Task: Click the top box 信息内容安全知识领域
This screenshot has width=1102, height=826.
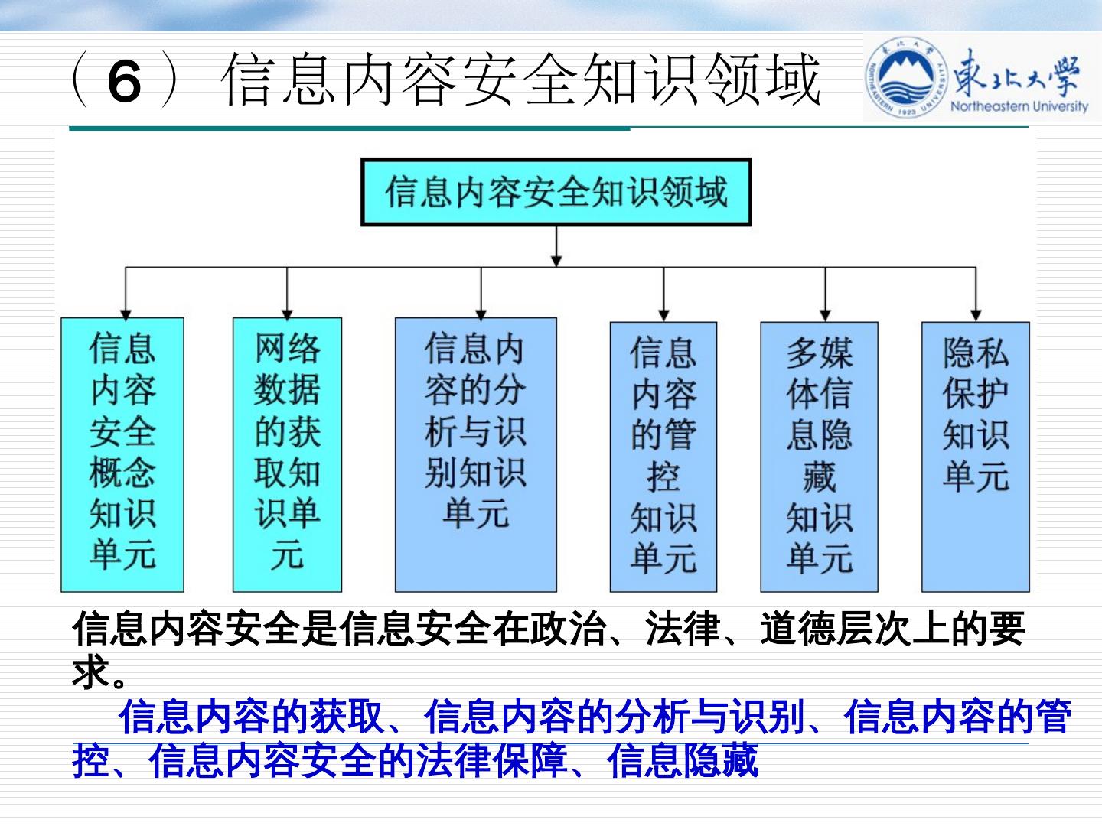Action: [x=556, y=192]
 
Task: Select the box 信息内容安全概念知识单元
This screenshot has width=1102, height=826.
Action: [x=122, y=454]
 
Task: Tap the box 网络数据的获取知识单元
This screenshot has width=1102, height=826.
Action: [x=287, y=454]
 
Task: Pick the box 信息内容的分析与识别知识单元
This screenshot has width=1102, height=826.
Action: [x=475, y=454]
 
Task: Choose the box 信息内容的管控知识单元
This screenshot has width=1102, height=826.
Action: [x=663, y=457]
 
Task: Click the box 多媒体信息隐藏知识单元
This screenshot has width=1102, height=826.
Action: [x=819, y=457]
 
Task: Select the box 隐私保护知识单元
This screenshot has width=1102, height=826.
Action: [x=975, y=457]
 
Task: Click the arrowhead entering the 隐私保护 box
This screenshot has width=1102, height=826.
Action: [x=976, y=313]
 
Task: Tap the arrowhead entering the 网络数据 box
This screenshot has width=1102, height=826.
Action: [x=287, y=311]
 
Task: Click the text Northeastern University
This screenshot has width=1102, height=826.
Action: [x=1019, y=106]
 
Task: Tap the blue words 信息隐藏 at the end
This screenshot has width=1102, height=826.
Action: [x=682, y=761]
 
